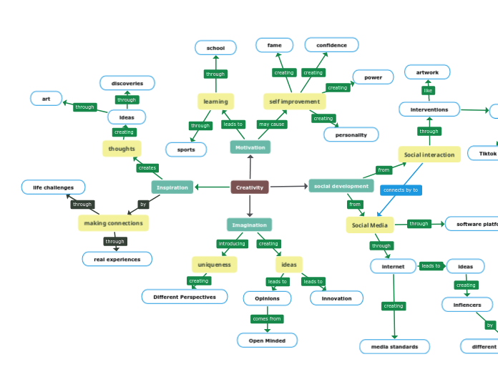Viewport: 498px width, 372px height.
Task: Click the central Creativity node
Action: click(x=250, y=187)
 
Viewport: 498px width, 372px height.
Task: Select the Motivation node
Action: click(x=250, y=147)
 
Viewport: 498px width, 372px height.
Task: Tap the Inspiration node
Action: click(x=172, y=187)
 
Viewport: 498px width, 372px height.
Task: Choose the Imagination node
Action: click(x=249, y=225)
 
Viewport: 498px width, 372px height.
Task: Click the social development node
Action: click(x=341, y=186)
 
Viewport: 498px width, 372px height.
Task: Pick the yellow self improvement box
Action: click(x=294, y=102)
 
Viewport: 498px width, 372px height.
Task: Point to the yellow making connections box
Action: click(x=113, y=223)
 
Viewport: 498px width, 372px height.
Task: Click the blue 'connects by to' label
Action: click(x=401, y=190)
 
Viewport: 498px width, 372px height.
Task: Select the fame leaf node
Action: click(x=274, y=45)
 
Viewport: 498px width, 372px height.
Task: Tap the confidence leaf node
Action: click(x=331, y=45)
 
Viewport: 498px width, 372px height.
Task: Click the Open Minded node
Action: click(x=267, y=341)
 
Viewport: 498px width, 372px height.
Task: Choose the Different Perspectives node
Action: click(x=184, y=297)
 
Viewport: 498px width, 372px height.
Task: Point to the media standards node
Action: click(x=394, y=347)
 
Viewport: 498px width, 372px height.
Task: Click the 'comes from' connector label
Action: click(x=267, y=319)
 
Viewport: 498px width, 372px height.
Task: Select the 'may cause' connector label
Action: click(x=272, y=124)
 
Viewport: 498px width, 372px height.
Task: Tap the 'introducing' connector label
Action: click(x=232, y=244)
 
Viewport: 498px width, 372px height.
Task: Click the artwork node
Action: click(x=427, y=72)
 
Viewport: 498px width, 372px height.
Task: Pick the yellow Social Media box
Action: click(x=370, y=225)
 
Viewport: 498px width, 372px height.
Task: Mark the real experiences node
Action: click(x=117, y=259)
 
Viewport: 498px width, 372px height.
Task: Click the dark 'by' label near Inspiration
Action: click(x=143, y=205)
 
